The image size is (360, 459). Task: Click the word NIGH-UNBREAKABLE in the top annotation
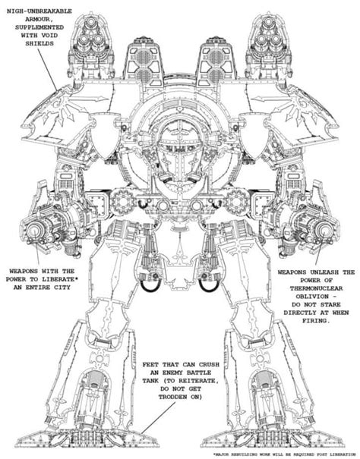[x=39, y=11]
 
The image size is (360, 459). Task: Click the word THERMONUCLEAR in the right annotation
[x=316, y=288]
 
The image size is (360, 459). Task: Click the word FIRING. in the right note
[x=316, y=320]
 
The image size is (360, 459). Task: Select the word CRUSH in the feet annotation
[x=209, y=365]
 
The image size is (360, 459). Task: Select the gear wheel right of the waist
[x=237, y=201]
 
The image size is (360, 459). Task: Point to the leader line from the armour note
[x=47, y=70]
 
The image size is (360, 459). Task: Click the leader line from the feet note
[x=158, y=418]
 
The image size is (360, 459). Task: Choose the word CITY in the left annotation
[x=62, y=288]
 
